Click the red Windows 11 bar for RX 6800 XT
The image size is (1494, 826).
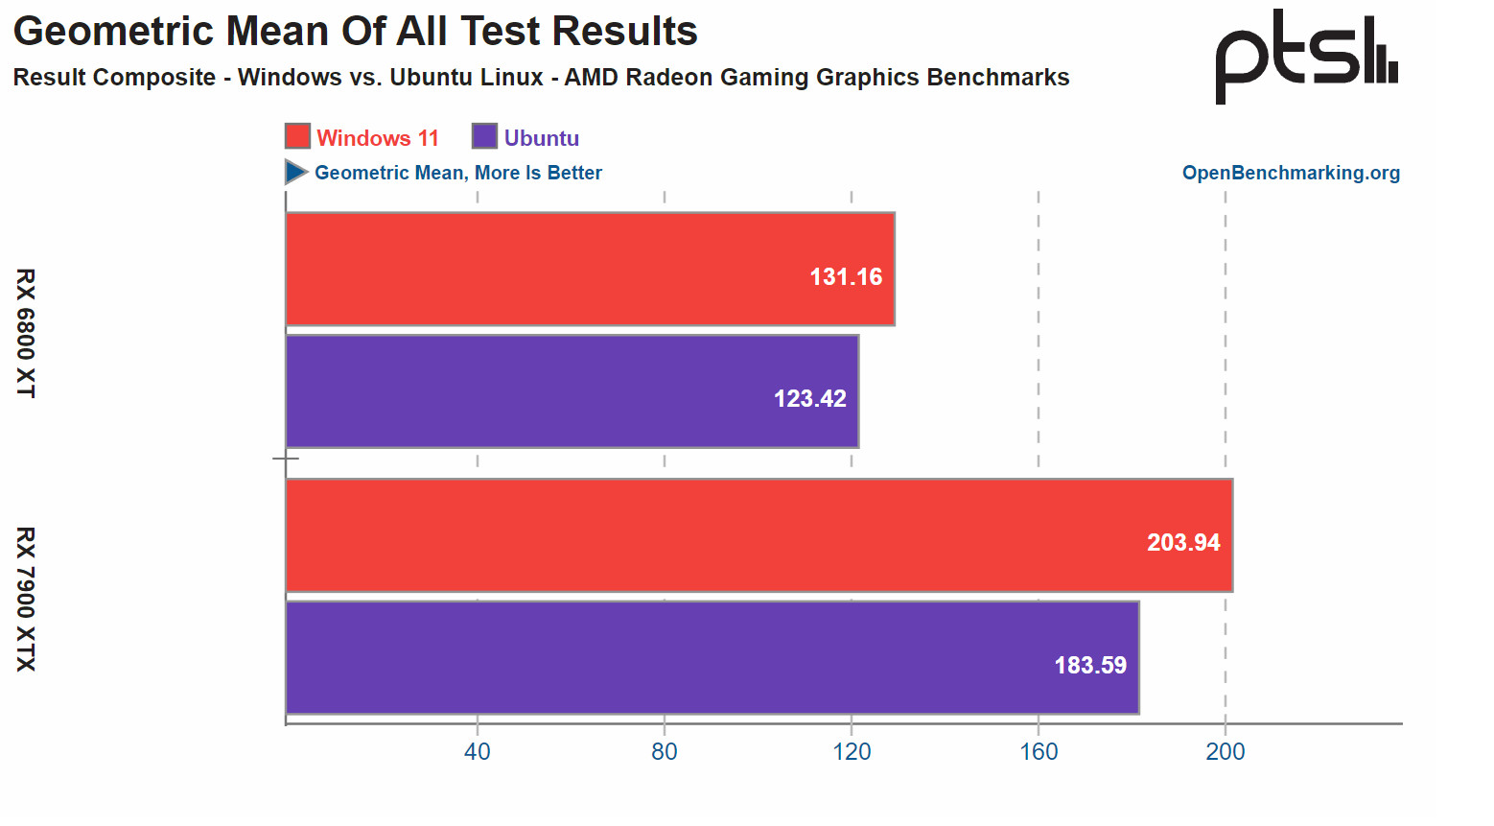[590, 269]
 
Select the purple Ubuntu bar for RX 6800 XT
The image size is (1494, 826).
[572, 390]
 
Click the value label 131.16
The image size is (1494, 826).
[846, 277]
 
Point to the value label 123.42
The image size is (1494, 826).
[810, 399]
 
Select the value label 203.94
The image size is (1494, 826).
[1183, 543]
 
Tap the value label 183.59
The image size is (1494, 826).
[1090, 666]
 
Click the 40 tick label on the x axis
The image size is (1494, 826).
[477, 752]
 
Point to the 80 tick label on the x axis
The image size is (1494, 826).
[665, 752]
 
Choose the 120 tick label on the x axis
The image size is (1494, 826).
[852, 752]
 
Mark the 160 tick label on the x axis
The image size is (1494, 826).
[1039, 752]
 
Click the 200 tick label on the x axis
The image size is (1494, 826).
[1226, 752]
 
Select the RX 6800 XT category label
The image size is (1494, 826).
[26, 333]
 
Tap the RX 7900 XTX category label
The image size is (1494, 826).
[26, 599]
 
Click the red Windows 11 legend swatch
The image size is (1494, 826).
[297, 136]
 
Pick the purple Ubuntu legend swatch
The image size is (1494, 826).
[484, 136]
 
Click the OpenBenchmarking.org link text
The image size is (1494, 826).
[1291, 173]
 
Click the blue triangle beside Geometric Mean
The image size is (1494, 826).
[295, 172]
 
